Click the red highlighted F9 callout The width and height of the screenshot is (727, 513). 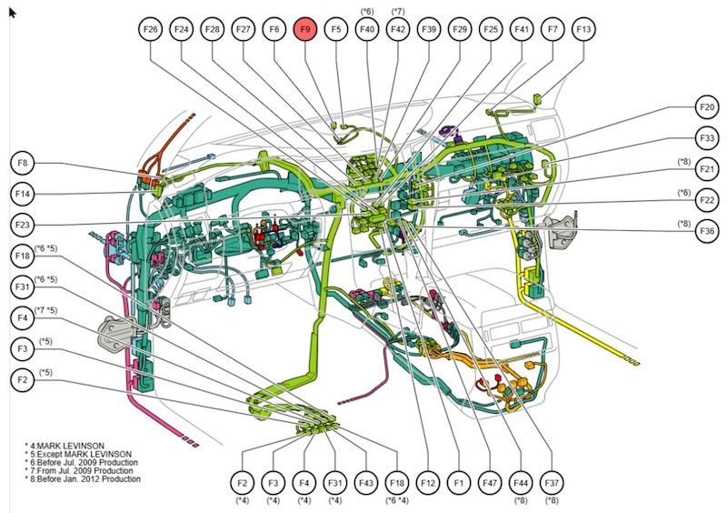click(x=306, y=30)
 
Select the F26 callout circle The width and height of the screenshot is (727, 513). click(x=151, y=30)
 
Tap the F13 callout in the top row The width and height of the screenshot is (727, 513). click(x=584, y=30)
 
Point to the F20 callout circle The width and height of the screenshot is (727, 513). click(x=707, y=107)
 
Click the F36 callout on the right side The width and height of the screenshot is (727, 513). click(x=707, y=231)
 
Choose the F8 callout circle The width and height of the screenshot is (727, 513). click(x=25, y=164)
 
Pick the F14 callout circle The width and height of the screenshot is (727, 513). click(x=25, y=194)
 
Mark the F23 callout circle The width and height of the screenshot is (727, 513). click(x=25, y=224)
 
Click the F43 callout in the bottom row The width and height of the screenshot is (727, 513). click(x=366, y=481)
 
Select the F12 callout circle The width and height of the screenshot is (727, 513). click(x=428, y=481)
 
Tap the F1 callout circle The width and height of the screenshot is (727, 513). click(x=459, y=481)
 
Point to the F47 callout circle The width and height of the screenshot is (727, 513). click(x=490, y=481)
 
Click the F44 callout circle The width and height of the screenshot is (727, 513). click(x=521, y=481)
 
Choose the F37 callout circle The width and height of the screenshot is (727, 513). click(x=552, y=481)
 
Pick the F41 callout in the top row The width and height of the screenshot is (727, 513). click(x=522, y=30)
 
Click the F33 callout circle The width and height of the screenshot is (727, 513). click(x=707, y=138)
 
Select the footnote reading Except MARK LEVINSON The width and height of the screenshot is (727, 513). click(x=81, y=453)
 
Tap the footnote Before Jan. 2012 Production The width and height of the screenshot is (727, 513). click(x=85, y=478)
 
